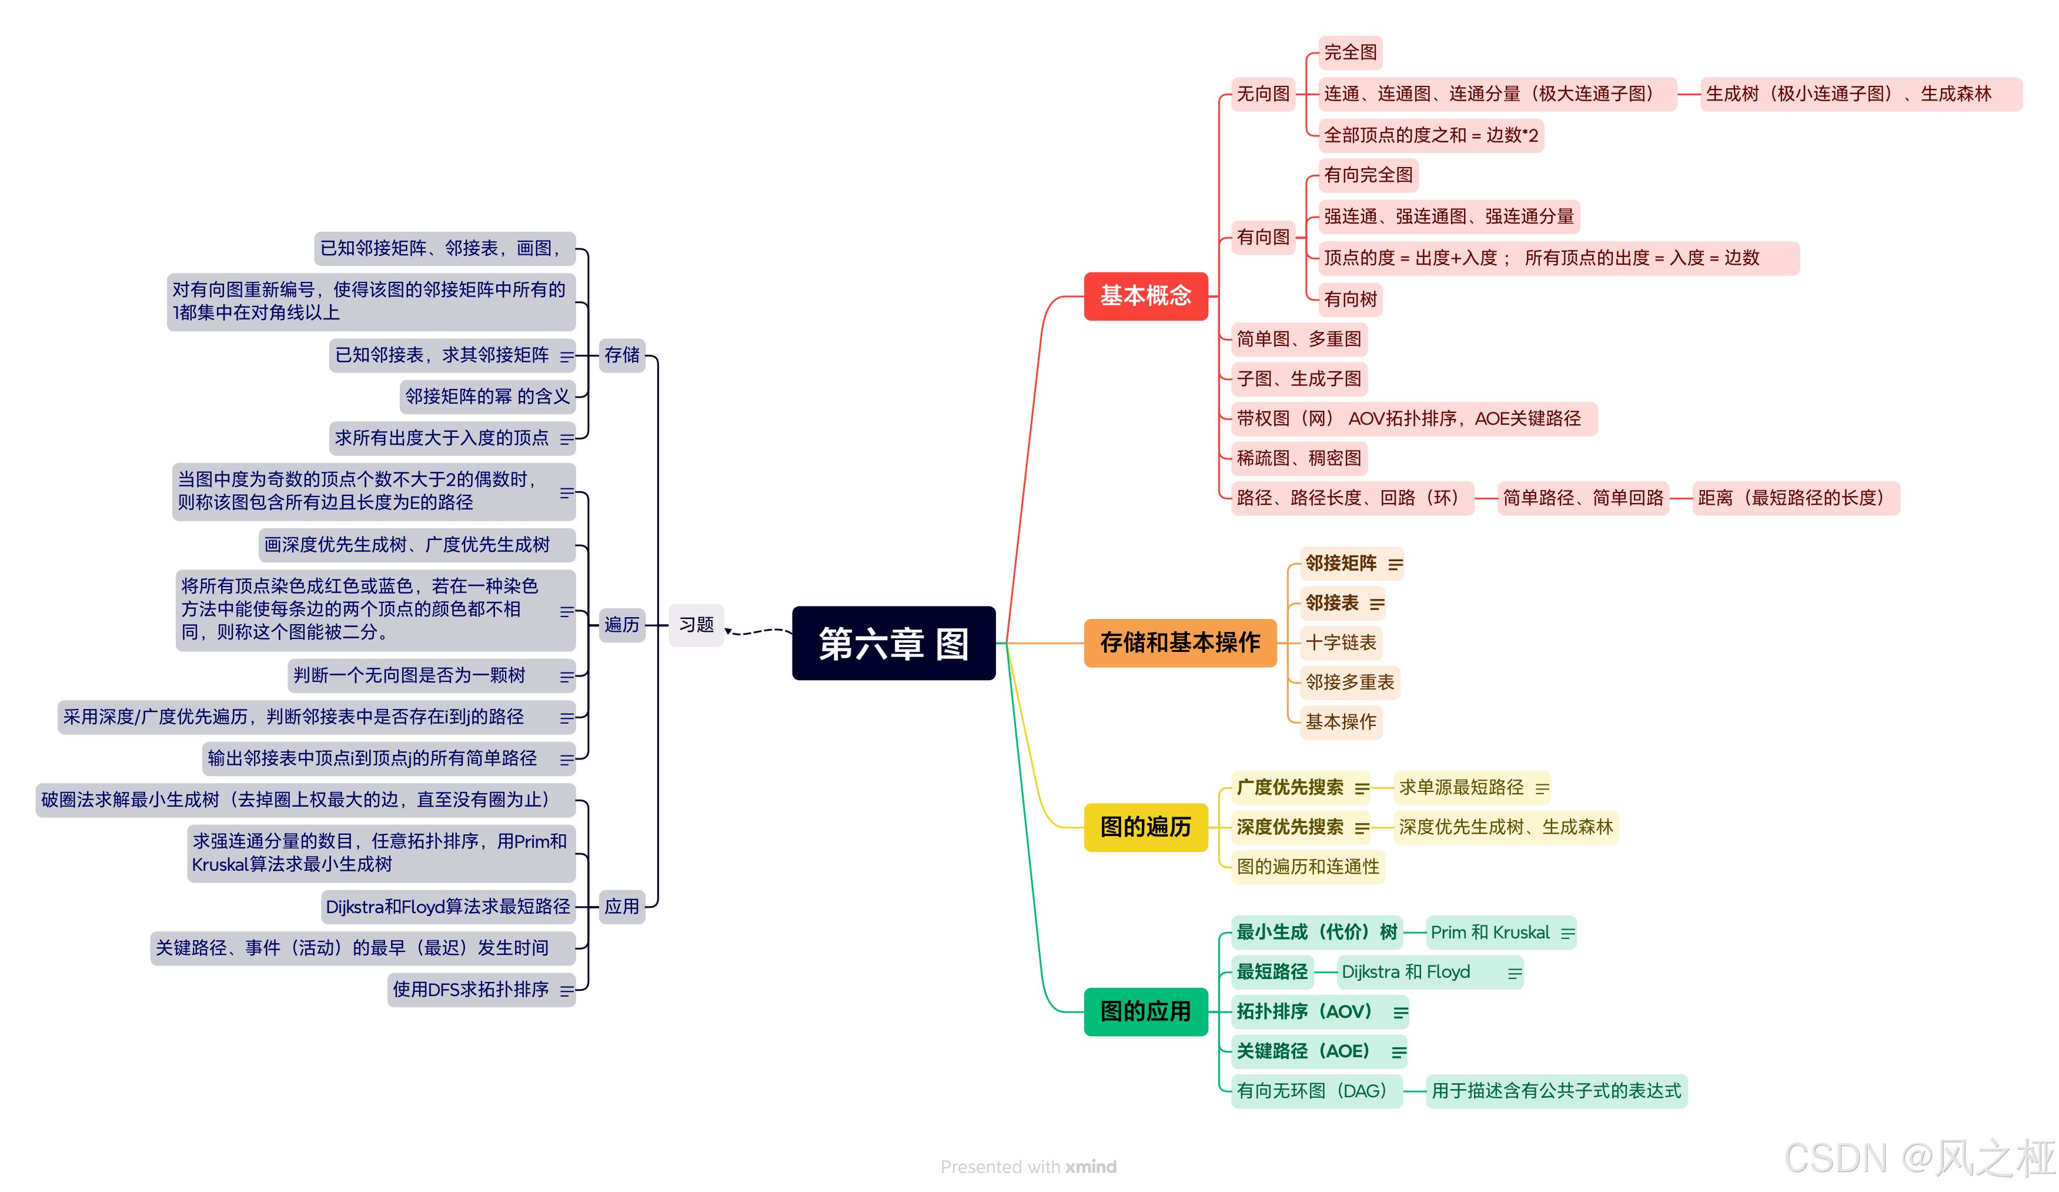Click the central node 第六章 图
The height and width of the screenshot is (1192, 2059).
[893, 644]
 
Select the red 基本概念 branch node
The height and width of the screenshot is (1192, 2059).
[1145, 296]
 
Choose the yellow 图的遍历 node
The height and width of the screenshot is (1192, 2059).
[1145, 827]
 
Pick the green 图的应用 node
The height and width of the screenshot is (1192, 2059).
[1145, 1011]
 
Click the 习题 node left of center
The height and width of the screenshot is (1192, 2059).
[696, 625]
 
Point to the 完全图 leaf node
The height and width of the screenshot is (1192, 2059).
[1350, 53]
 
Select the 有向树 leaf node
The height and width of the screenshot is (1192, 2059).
[1350, 299]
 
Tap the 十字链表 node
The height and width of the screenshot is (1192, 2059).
[1340, 642]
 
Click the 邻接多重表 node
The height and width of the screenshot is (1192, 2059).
[1349, 682]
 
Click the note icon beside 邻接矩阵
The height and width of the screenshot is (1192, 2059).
[1395, 564]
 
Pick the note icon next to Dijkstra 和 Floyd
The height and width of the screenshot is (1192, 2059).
[1514, 973]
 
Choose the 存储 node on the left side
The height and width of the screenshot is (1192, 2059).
[622, 355]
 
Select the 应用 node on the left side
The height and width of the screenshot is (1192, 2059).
[622, 907]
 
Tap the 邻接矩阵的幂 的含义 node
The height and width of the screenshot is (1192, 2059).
[487, 397]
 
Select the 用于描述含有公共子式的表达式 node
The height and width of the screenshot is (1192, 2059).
[1556, 1091]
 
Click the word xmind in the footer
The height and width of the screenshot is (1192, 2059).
[1090, 1167]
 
